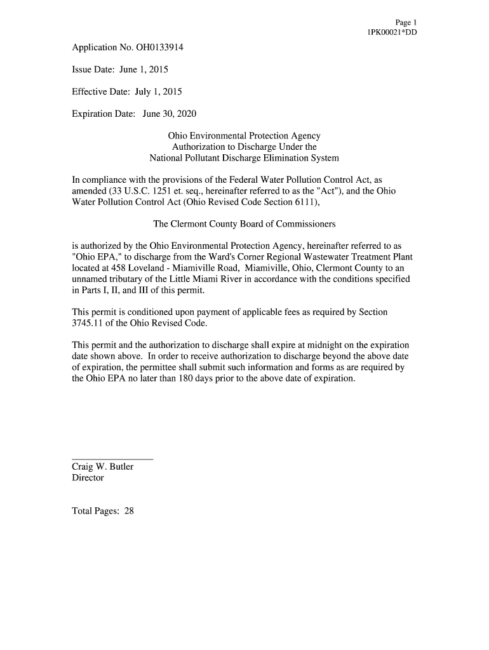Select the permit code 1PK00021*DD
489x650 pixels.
click(392, 32)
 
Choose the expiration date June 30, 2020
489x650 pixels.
click(170, 114)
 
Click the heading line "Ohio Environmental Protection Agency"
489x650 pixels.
click(244, 136)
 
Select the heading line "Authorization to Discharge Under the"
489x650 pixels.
click(244, 147)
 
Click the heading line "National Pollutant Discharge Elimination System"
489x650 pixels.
click(244, 157)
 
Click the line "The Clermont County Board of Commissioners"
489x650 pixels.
click(244, 224)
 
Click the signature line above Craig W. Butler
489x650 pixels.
click(112, 458)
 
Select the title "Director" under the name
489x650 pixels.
click(88, 478)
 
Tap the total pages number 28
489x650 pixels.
click(129, 511)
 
